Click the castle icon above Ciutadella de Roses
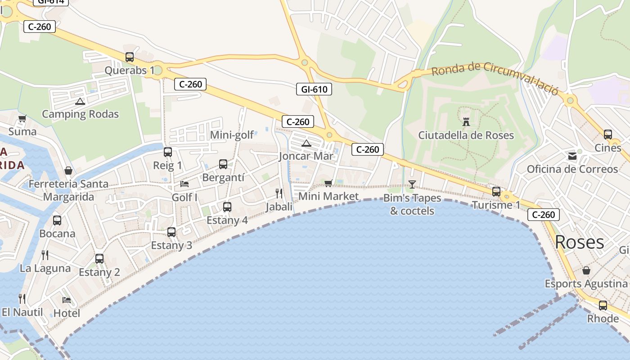466,121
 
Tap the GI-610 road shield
314,89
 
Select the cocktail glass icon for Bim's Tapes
412,184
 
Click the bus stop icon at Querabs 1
130,57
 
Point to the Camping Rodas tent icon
80,101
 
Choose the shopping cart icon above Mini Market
328,183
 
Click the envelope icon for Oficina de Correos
572,156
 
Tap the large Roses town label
579,242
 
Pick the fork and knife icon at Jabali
279,193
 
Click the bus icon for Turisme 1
496,192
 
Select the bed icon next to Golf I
184,184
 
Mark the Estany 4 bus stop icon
227,207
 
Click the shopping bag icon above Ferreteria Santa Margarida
68,171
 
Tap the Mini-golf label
232,135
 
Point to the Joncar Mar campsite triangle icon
306,144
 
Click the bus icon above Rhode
603,306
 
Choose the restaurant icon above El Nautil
22,298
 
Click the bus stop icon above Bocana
57,220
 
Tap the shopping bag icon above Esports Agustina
586,270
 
